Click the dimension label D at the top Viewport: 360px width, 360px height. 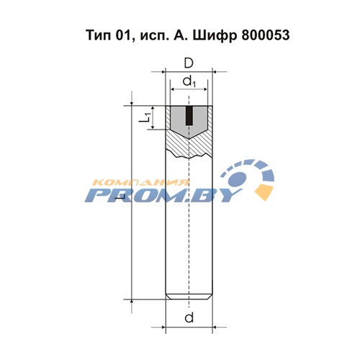[x=189, y=63]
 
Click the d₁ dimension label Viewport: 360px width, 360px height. [x=189, y=81]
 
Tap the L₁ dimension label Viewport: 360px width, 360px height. [x=145, y=117]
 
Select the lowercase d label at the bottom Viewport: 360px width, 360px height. [x=189, y=318]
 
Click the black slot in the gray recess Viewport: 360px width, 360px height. [x=189, y=116]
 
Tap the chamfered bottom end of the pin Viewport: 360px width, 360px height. [x=189, y=297]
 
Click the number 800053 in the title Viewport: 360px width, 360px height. [x=266, y=35]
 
